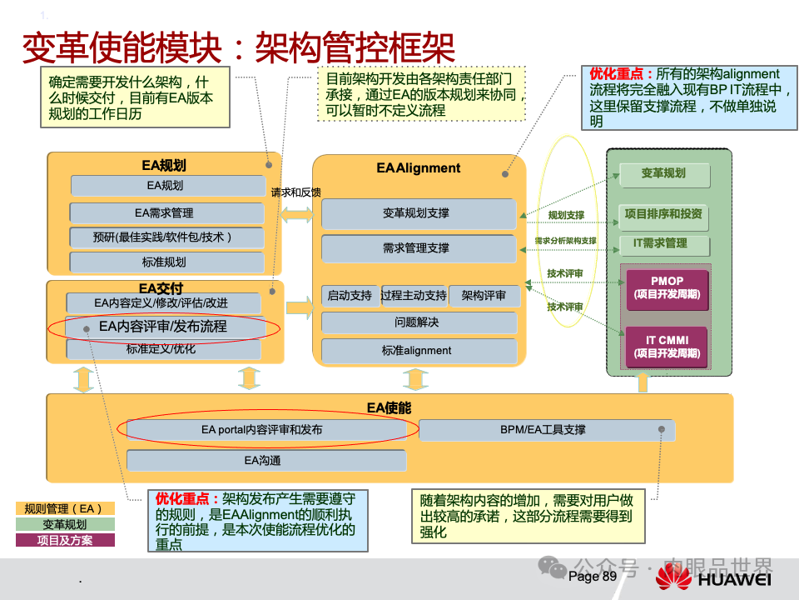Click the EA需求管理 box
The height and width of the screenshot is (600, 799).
click(164, 212)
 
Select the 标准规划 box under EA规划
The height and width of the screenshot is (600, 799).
click(164, 262)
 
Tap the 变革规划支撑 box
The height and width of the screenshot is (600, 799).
click(415, 213)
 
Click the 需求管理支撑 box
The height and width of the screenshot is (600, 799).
click(415, 247)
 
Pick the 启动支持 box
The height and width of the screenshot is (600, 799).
click(350, 296)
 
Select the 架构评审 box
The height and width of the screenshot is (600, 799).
click(484, 296)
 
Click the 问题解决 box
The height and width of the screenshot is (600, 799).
click(416, 322)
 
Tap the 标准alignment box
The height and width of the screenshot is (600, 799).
click(416, 351)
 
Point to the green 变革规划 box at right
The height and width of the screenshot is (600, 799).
click(663, 174)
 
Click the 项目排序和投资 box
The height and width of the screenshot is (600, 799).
click(663, 214)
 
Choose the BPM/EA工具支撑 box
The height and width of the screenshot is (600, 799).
click(543, 430)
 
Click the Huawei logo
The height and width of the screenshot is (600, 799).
click(712, 577)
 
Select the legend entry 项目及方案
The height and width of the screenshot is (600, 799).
click(65, 540)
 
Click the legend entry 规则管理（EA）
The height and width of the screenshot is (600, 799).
click(65, 508)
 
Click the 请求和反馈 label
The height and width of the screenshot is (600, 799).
click(295, 192)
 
